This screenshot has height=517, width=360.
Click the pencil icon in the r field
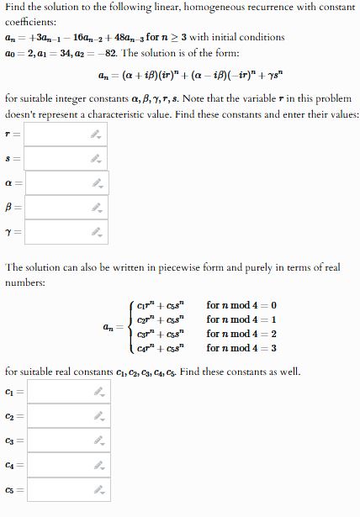97,134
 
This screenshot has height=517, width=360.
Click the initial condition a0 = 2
24,52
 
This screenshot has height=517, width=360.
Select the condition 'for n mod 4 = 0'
241,304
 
